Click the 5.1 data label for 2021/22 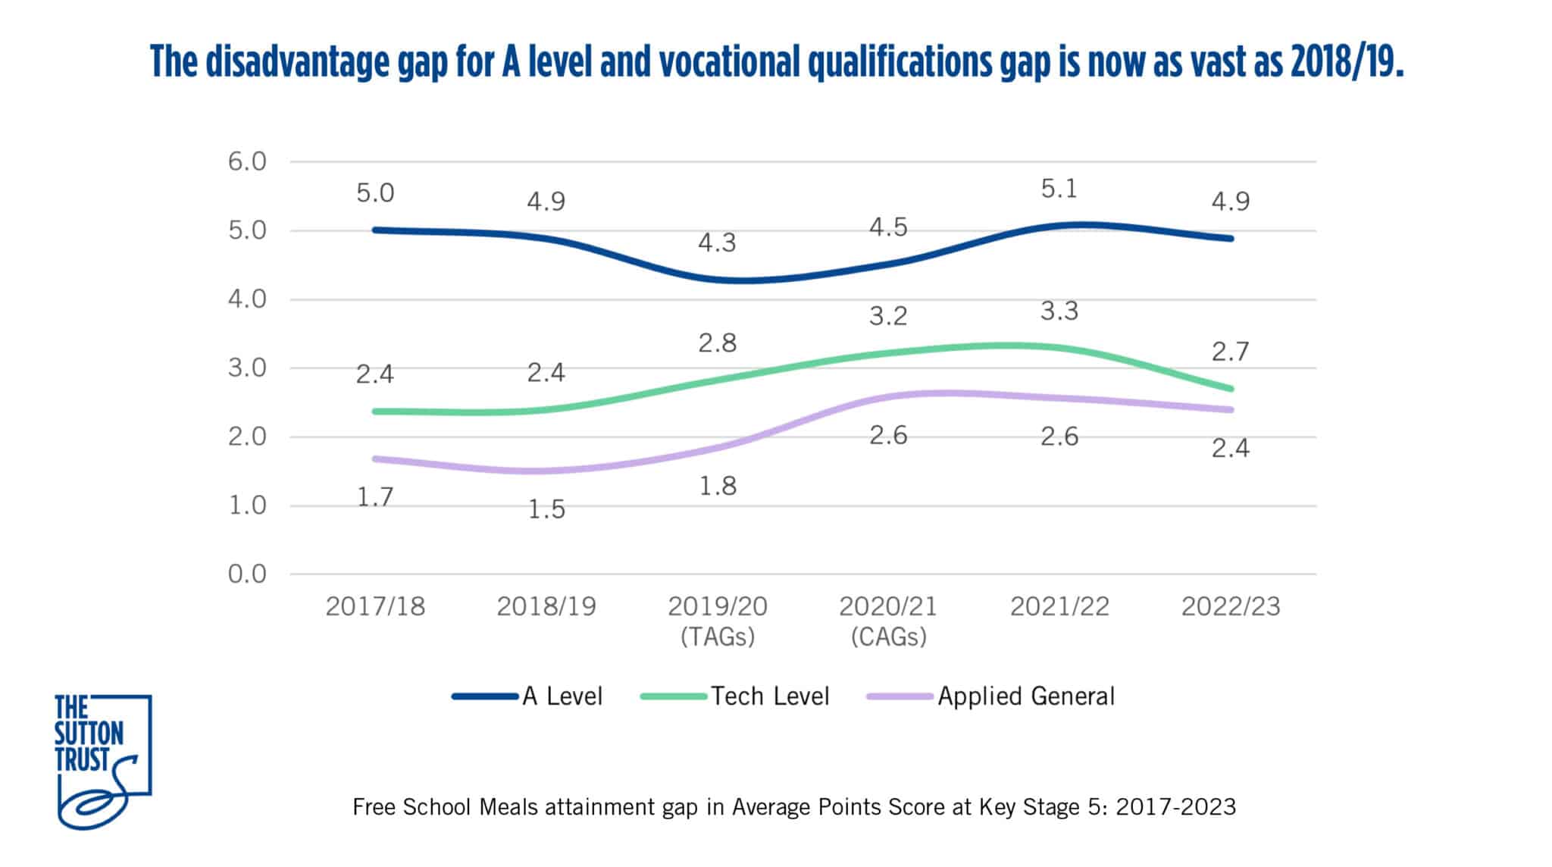[x=1059, y=189]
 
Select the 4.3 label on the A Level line [x=717, y=243]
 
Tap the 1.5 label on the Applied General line [x=546, y=509]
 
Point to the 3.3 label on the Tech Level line [x=1059, y=311]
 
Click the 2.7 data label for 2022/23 [x=1230, y=352]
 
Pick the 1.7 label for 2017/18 [x=375, y=497]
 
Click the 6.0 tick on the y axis [x=247, y=161]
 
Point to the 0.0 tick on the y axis [x=247, y=574]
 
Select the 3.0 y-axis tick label [x=247, y=368]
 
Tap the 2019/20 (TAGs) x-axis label [x=717, y=620]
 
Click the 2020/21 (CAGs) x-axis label [x=888, y=620]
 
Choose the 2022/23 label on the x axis [x=1230, y=606]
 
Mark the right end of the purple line [x=1230, y=409]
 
